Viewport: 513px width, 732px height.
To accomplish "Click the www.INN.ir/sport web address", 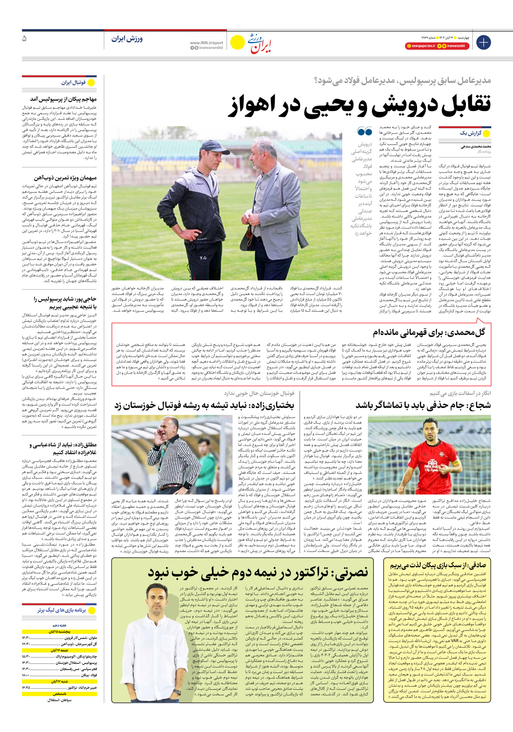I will point(206,43).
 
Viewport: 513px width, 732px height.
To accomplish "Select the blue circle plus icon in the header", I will point(483,42).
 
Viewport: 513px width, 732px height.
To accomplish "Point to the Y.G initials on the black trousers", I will point(203,258).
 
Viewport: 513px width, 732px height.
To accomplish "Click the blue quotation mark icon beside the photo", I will point(364,131).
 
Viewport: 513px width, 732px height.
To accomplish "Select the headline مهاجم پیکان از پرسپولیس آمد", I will point(63,99).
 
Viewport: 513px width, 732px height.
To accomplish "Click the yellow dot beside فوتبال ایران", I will point(91,83).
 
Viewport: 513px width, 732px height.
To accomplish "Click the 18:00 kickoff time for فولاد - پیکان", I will point(27,675).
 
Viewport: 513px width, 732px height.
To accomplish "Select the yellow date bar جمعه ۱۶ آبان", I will point(60,650).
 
